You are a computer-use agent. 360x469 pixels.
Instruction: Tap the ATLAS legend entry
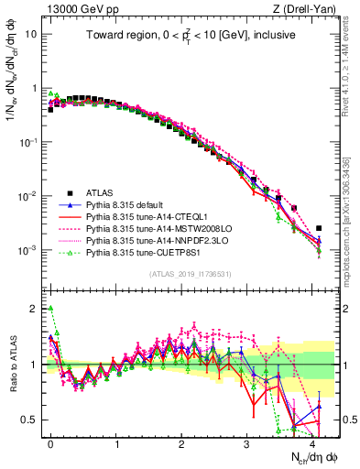point(100,192)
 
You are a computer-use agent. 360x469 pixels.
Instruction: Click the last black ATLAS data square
point(319,228)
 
